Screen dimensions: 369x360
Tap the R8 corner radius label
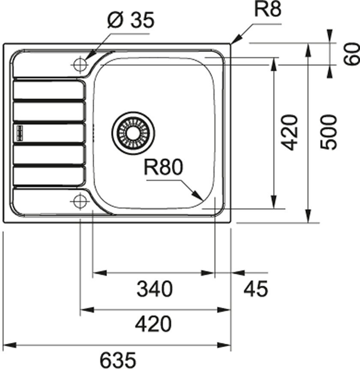coord(268,9)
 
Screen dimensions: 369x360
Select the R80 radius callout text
coord(163,168)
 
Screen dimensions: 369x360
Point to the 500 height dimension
coord(329,132)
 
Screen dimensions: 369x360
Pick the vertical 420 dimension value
coord(291,132)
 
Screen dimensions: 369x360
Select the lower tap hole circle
coord(79,200)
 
